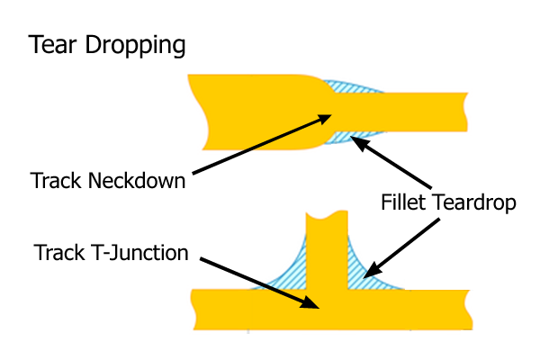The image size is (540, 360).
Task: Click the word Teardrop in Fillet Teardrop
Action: click(474, 203)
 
